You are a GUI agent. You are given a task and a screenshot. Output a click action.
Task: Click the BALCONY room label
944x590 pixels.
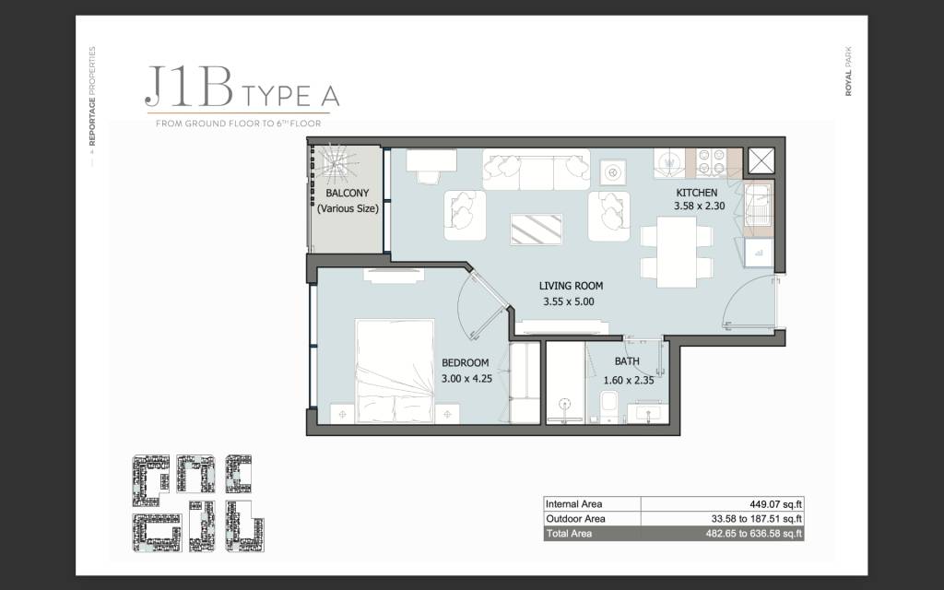pyautogui.click(x=348, y=194)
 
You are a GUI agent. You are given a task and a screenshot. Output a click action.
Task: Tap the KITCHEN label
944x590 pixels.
pyautogui.click(x=697, y=193)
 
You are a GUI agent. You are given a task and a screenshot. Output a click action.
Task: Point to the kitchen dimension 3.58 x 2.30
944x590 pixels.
pyautogui.click(x=699, y=206)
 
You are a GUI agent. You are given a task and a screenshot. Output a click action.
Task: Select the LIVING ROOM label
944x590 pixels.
pyautogui.click(x=571, y=286)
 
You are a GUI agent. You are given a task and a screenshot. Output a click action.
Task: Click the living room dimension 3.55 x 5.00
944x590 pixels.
pyautogui.click(x=568, y=301)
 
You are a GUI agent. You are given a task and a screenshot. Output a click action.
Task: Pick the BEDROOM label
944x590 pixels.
pyautogui.click(x=466, y=363)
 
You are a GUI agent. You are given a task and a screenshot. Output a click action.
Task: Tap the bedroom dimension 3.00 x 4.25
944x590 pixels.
pyautogui.click(x=466, y=379)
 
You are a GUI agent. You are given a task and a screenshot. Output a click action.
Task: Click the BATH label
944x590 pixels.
pyautogui.click(x=627, y=361)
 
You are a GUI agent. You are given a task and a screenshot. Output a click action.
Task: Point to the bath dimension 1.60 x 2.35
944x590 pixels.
pyautogui.click(x=629, y=381)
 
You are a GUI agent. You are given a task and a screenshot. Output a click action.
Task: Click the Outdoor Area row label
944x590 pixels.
pyautogui.click(x=575, y=519)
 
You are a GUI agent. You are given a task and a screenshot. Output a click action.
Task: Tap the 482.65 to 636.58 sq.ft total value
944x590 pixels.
pyautogui.click(x=754, y=534)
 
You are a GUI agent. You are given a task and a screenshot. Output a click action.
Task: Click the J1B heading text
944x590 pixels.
pyautogui.click(x=189, y=88)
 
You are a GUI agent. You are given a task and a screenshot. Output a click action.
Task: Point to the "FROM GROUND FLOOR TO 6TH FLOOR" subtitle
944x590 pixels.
pyautogui.click(x=239, y=124)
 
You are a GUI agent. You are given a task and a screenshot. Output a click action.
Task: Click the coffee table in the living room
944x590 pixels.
pyautogui.click(x=536, y=230)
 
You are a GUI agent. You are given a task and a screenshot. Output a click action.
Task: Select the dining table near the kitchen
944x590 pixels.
pyautogui.click(x=677, y=252)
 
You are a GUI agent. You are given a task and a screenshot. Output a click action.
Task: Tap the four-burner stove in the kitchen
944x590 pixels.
pyautogui.click(x=711, y=161)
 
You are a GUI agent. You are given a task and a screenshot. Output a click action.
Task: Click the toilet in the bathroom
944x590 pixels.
pyautogui.click(x=608, y=405)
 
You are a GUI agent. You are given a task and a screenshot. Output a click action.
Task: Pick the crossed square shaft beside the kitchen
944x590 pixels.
pyautogui.click(x=761, y=160)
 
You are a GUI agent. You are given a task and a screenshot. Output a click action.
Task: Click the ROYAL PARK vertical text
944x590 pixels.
pyautogui.click(x=848, y=71)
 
